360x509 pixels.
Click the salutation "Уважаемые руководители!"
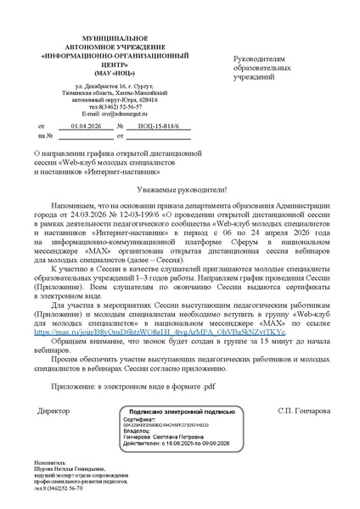pyautogui.click(x=180, y=192)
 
